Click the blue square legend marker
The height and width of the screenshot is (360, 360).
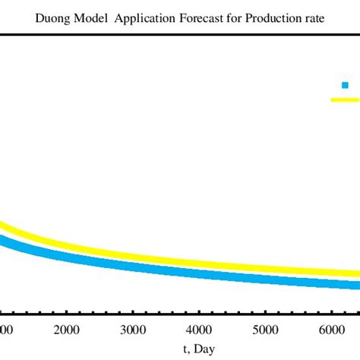(x=345, y=86)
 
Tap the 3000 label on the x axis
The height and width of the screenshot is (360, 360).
(x=133, y=330)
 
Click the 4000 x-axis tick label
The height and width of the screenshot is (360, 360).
(x=199, y=330)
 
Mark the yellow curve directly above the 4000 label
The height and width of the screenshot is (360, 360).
(x=199, y=263)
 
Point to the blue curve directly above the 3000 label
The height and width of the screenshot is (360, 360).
(x=133, y=266)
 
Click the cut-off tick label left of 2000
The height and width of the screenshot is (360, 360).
(x=6, y=330)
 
